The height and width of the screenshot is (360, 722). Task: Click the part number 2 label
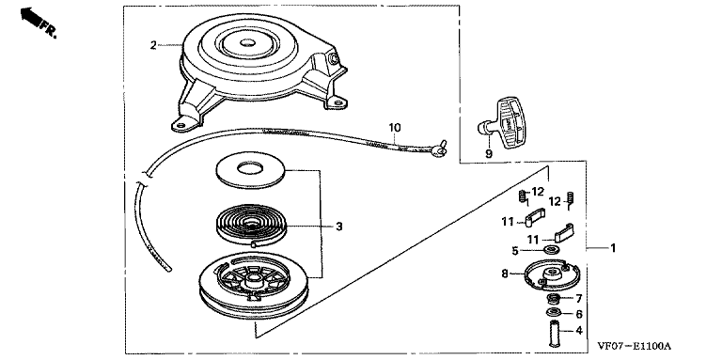click(x=153, y=45)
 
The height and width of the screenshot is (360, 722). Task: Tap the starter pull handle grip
click(x=507, y=123)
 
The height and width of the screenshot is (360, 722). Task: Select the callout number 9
click(x=489, y=154)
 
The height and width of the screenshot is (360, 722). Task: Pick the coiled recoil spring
click(x=251, y=226)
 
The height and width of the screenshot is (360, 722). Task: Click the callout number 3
click(x=338, y=227)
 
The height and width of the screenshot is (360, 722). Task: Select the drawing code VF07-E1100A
click(x=634, y=346)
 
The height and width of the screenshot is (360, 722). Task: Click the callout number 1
click(x=613, y=248)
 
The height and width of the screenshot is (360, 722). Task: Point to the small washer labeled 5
click(x=549, y=250)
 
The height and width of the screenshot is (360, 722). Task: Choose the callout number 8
click(x=504, y=274)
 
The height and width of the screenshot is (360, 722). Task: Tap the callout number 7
click(x=579, y=299)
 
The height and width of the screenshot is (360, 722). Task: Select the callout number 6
click(x=579, y=314)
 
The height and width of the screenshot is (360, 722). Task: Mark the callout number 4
click(x=579, y=331)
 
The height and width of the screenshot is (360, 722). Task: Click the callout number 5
click(x=515, y=251)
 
